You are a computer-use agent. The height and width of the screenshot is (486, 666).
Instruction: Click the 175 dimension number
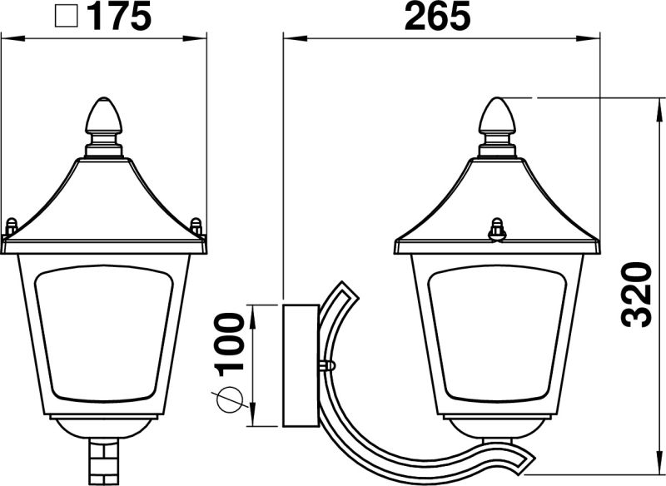click(120, 17)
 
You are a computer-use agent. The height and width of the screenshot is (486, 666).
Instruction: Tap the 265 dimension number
click(438, 17)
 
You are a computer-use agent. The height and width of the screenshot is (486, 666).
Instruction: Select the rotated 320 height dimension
click(636, 295)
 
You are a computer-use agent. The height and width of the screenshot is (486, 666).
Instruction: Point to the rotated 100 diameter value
click(231, 345)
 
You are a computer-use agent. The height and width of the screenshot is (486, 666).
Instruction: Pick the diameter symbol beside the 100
click(230, 399)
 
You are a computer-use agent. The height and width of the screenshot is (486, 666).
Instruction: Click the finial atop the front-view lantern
click(104, 116)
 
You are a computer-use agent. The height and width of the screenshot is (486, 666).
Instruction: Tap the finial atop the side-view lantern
click(497, 116)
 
